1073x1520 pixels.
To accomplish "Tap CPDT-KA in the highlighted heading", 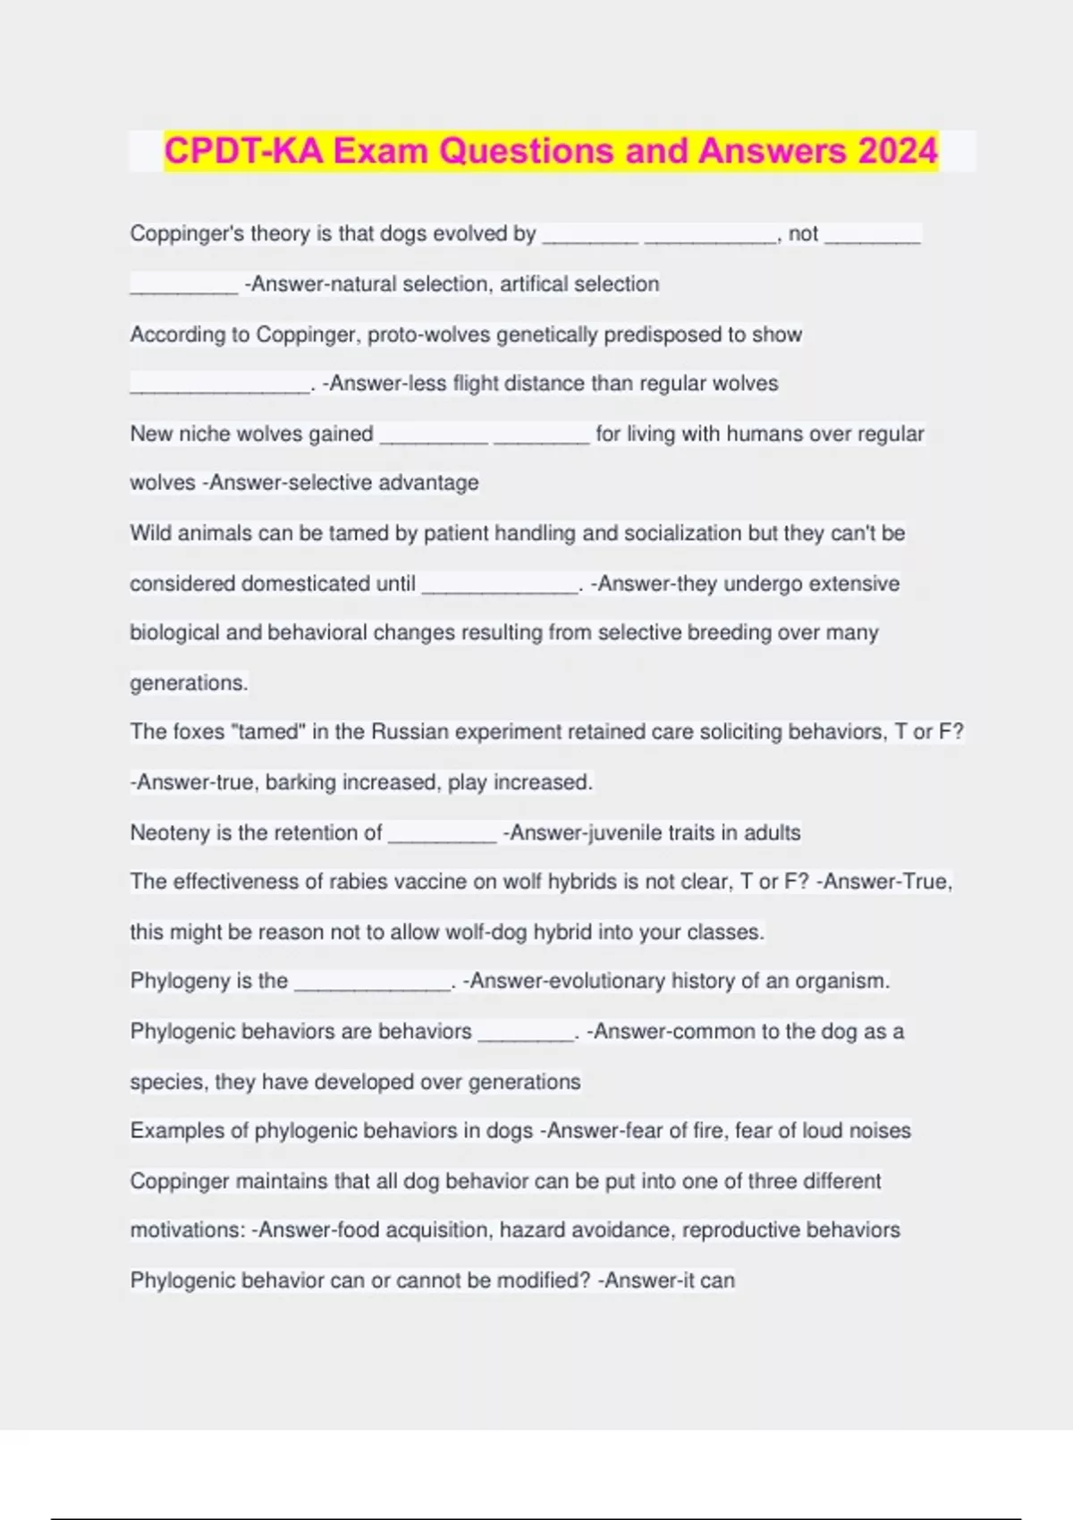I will coord(244,151).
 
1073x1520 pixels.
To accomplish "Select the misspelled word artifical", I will coord(534,284).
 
